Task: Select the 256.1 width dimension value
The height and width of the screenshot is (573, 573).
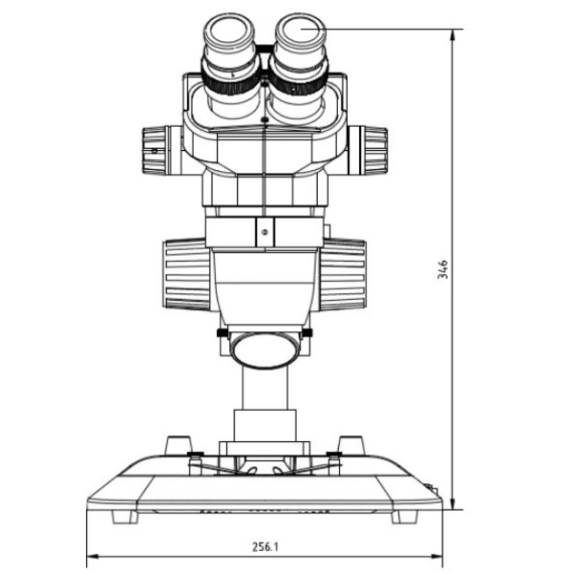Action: pos(266,548)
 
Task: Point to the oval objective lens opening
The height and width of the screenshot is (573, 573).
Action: pos(265,347)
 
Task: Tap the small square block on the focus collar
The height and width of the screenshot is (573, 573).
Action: pos(265,229)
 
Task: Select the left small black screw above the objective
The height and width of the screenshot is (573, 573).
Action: pos(223,332)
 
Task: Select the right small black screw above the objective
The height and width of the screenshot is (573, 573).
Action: pos(308,332)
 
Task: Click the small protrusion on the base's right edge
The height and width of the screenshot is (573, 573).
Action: pos(437,489)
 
